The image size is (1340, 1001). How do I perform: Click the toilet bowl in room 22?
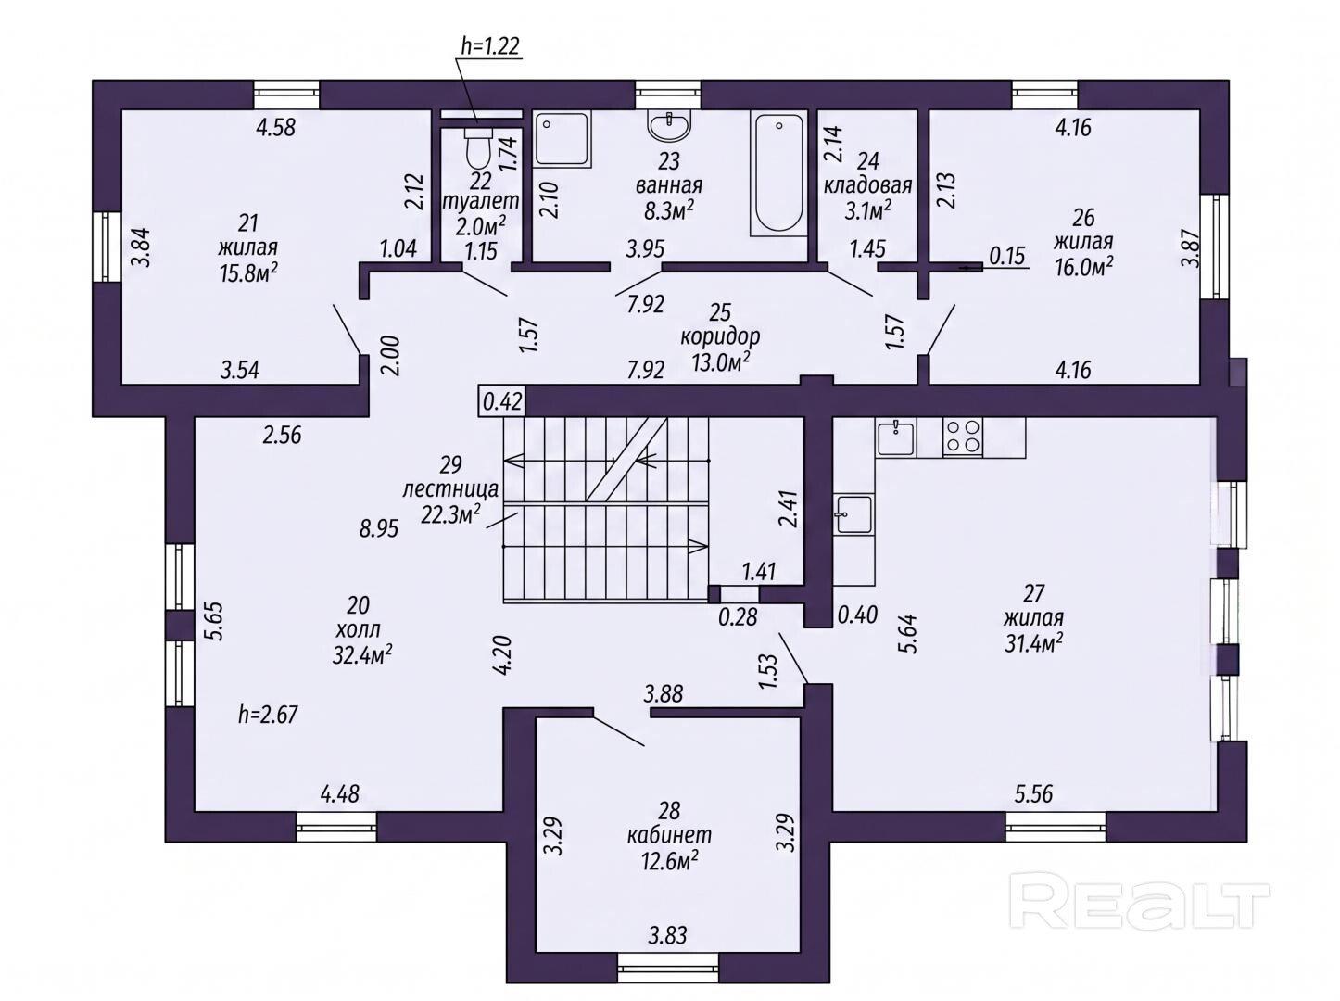point(477,147)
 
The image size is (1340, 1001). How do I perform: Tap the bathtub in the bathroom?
point(778,172)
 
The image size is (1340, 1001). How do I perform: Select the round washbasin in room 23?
point(669,126)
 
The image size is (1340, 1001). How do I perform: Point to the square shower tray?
point(563,139)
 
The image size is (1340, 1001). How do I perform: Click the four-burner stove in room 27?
point(962,437)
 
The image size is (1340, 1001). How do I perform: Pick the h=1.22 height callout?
point(490,46)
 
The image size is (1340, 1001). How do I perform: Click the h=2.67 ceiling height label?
point(268,714)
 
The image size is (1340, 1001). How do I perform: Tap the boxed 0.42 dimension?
point(502,401)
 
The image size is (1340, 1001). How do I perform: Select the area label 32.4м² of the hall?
point(361,655)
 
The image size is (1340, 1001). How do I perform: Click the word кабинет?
point(669,834)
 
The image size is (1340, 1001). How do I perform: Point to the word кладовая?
point(867,185)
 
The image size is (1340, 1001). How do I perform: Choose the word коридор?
point(720,337)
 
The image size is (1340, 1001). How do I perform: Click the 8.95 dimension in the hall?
point(378,528)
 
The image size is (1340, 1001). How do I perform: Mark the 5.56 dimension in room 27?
point(1033,794)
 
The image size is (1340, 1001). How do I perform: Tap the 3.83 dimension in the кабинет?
point(667,935)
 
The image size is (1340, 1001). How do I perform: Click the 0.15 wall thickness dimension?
point(1006,256)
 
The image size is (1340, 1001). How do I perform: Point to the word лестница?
point(450,489)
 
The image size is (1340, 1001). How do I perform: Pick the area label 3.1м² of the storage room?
point(867,210)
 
